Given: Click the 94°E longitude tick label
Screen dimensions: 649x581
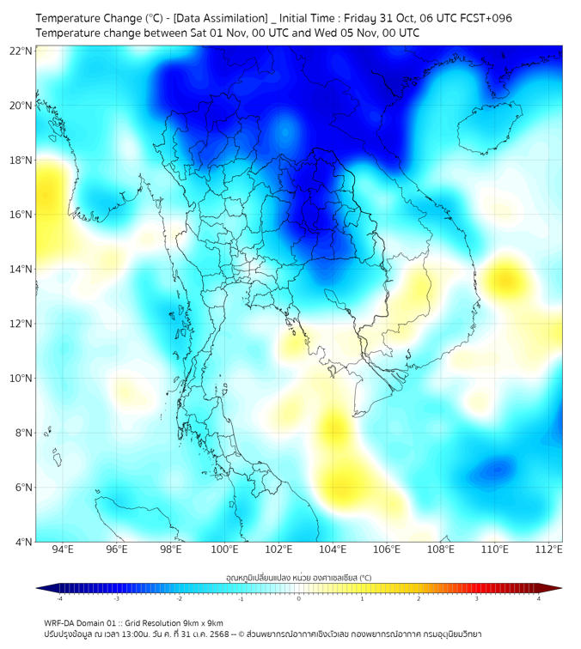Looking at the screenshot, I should (x=63, y=549).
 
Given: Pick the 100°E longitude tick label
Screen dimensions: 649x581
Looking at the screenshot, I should (x=225, y=549).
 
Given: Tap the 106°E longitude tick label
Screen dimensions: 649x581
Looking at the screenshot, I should (x=387, y=549).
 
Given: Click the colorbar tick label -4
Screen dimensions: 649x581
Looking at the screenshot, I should (x=59, y=598).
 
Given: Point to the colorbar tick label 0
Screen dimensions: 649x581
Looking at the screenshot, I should (x=299, y=598).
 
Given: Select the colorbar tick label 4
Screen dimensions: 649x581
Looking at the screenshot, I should (x=539, y=598).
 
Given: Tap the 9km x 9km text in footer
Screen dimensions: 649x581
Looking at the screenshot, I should (x=202, y=622).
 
